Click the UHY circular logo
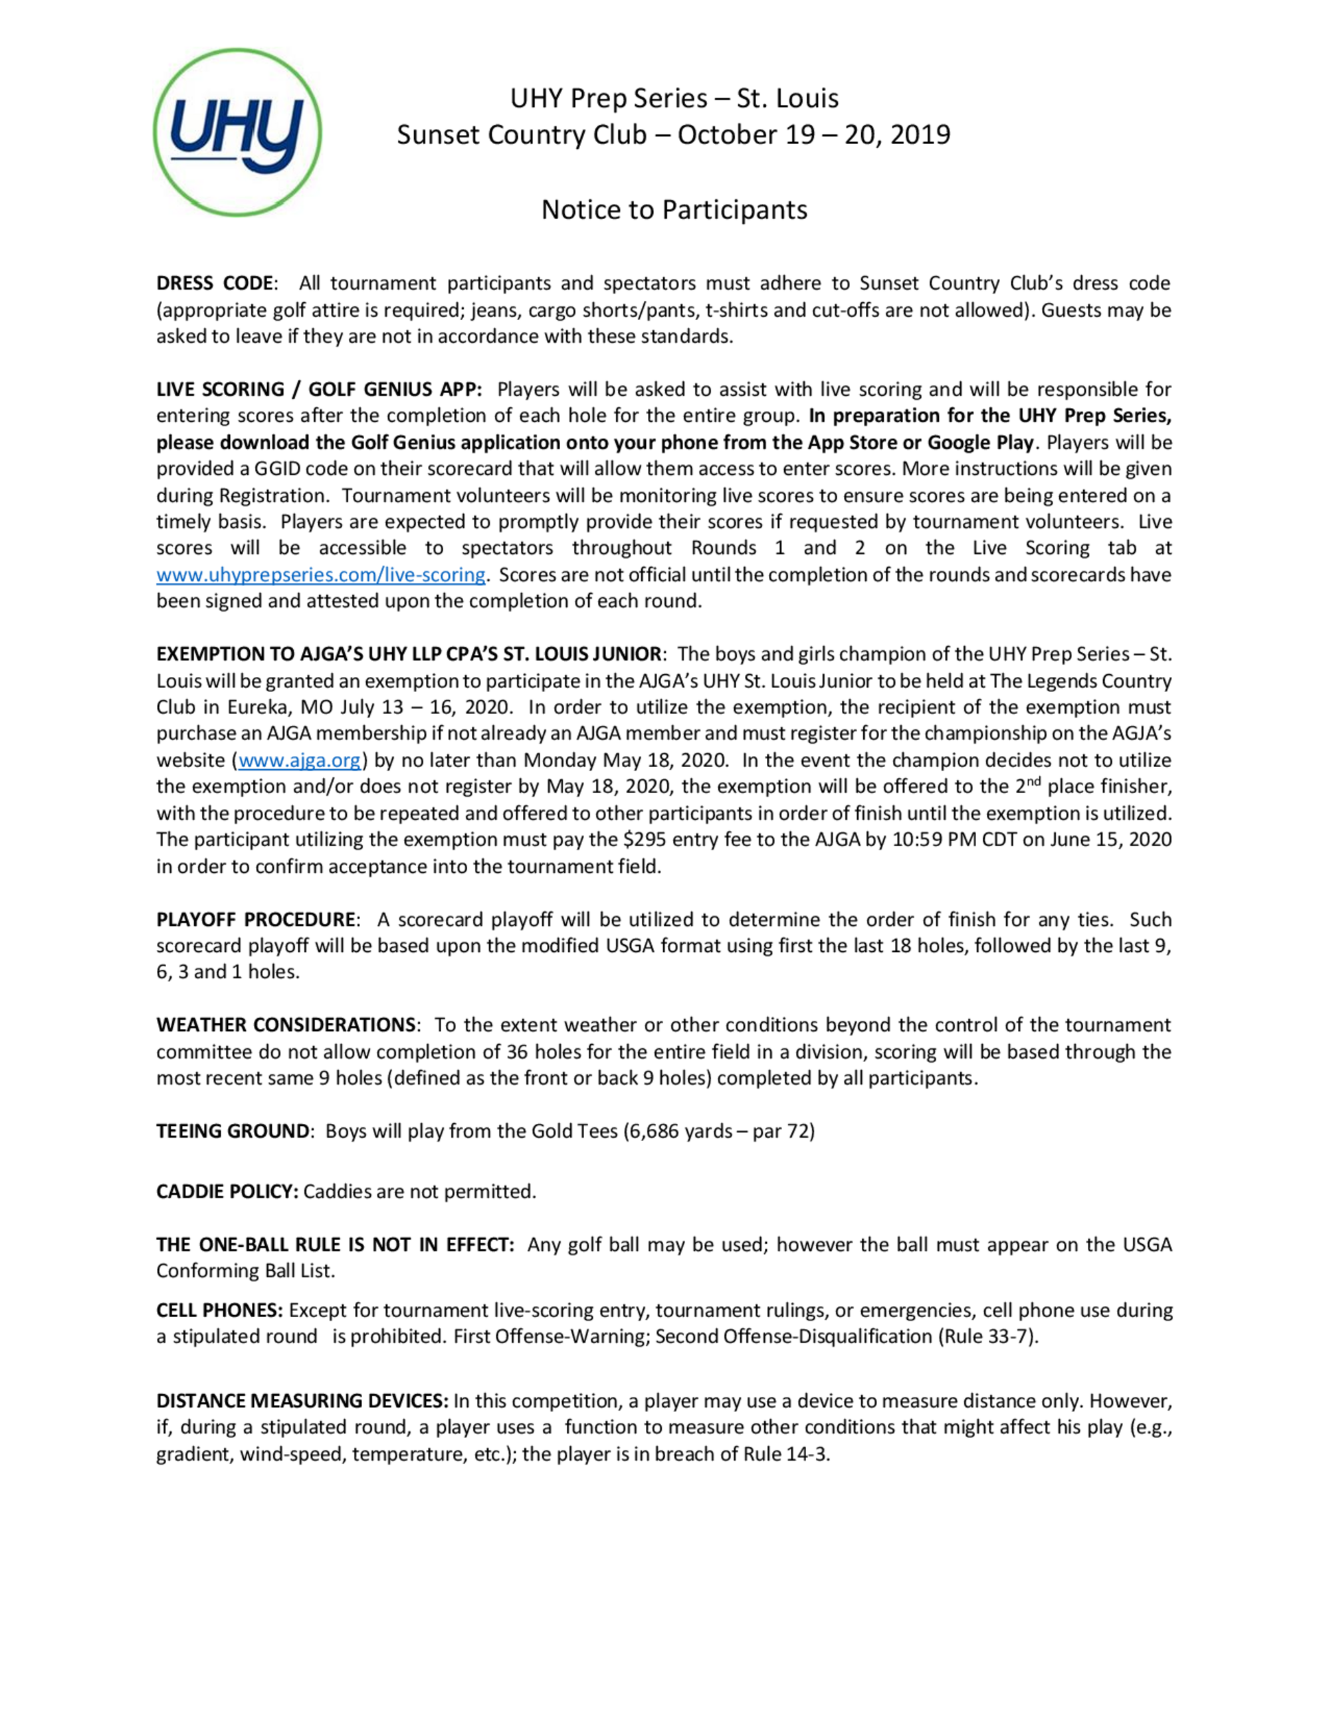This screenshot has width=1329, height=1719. [237, 132]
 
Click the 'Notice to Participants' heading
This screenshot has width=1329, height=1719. [674, 209]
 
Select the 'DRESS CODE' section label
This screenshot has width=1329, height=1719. [215, 284]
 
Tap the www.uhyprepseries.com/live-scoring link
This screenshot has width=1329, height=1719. [320, 575]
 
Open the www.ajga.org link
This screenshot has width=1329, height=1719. [299, 761]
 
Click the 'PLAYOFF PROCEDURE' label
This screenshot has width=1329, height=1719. [256, 919]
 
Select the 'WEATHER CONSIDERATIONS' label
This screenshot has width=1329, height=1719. [286, 1025]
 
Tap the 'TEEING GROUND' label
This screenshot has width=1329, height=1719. [233, 1131]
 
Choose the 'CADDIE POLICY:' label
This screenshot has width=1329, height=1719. [227, 1192]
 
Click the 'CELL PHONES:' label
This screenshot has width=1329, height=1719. [219, 1311]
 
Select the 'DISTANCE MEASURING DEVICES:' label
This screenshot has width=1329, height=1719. [302, 1401]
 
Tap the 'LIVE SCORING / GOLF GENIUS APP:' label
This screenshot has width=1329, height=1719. [319, 390]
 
